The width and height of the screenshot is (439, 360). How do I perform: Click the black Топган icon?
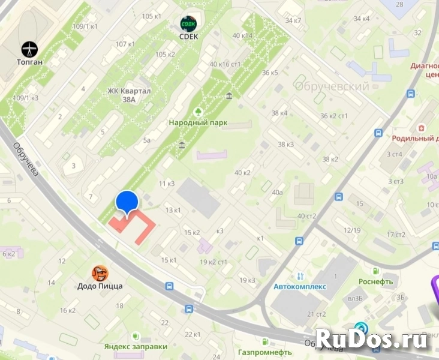[x=29, y=49]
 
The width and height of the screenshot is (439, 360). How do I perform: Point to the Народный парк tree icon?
[x=197, y=112]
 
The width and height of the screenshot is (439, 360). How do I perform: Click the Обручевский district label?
[x=332, y=86]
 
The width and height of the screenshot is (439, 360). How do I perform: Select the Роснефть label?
[x=375, y=281]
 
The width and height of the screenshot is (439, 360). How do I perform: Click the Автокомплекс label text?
[x=300, y=287]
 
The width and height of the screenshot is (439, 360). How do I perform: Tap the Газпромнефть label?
[x=264, y=352]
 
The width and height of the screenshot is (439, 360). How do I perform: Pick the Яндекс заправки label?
[x=136, y=346]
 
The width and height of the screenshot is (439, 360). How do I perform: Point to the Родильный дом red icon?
[x=422, y=128]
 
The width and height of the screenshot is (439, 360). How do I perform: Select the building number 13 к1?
[x=173, y=210]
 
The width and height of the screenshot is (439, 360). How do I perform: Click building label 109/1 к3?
[x=26, y=98]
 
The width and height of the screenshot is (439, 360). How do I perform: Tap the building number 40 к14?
[x=242, y=36]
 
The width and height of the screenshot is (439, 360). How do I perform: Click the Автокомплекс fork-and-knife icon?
[x=300, y=277]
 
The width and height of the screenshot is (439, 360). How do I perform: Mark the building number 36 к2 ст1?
[x=335, y=116]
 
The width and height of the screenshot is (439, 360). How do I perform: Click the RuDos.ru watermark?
[x=371, y=339]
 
